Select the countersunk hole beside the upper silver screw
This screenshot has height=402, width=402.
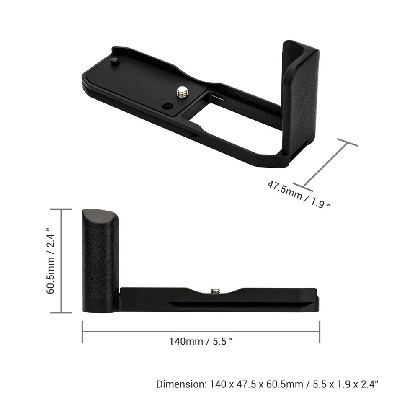coord(167,106)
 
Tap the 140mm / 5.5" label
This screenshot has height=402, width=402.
coord(201,341)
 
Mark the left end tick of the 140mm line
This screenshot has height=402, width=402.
coord(82,331)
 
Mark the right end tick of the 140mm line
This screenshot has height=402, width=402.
coord(320,331)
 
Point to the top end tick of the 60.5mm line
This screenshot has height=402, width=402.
coord(62,209)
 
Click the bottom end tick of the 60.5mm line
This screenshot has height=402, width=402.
coord(62,312)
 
